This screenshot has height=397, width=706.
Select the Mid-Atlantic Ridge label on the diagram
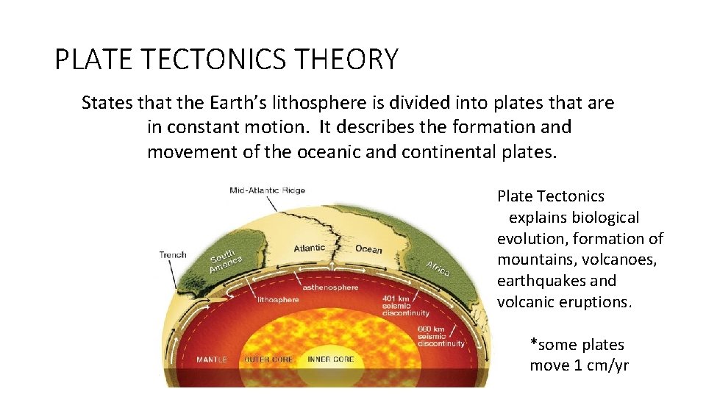point(267,190)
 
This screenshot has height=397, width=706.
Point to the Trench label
point(173,255)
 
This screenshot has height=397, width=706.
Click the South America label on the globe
point(227,260)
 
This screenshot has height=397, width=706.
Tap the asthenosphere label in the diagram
point(328,287)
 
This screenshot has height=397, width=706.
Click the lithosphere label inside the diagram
point(278,300)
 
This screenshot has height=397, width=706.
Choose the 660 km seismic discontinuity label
point(441,337)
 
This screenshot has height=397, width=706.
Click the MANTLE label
point(212,360)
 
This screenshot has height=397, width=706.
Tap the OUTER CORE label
point(268,360)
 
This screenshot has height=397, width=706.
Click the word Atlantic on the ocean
point(309,248)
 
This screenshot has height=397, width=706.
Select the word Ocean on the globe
point(368,249)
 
